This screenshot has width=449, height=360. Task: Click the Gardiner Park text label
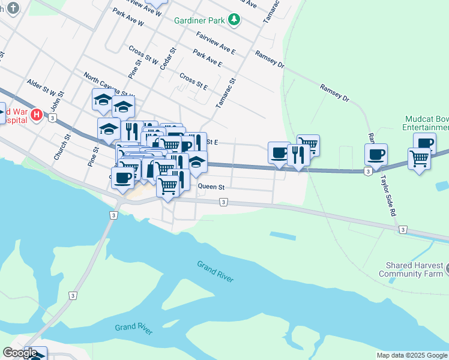(199, 20)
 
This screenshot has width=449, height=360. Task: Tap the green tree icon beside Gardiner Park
(234, 20)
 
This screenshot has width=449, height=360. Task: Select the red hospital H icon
(36, 114)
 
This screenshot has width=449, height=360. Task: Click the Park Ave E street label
(208, 57)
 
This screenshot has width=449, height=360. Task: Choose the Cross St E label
(193, 82)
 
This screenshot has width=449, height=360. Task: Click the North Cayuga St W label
(109, 85)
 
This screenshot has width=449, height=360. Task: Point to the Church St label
(62, 146)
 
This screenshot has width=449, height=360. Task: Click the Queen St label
(211, 187)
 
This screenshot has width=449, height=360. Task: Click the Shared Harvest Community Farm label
(411, 269)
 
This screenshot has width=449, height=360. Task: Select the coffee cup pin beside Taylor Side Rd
(376, 154)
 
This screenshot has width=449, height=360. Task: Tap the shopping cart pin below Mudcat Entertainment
(418, 159)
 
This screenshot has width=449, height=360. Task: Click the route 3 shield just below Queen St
(223, 203)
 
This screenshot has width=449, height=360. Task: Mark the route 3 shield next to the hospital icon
(53, 118)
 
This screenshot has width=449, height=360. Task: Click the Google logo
(20, 353)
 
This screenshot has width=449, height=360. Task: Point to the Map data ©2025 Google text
(411, 355)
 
